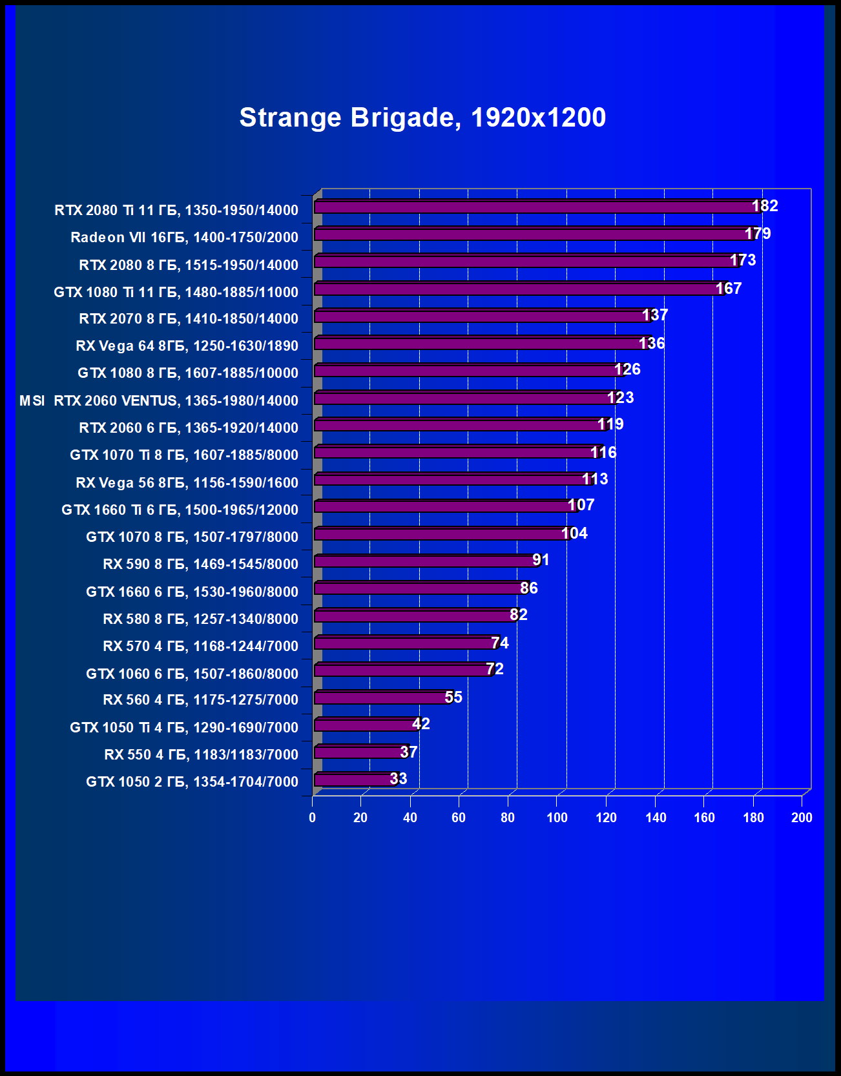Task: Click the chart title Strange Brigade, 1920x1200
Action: tap(422, 118)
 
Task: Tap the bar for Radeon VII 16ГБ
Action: tap(530, 234)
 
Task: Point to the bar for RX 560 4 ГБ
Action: tap(381, 698)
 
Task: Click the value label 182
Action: tap(765, 206)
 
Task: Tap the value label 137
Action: tap(655, 315)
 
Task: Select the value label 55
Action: tap(453, 698)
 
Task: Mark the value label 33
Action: tap(399, 779)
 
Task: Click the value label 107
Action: tap(581, 505)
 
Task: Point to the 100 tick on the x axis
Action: tap(557, 818)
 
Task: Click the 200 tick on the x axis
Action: tap(802, 818)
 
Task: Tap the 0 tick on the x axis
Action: tap(313, 818)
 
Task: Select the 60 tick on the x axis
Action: tap(459, 818)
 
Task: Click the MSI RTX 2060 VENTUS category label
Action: tap(159, 401)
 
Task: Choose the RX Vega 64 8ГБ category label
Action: tap(187, 346)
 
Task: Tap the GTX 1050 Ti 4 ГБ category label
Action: tap(184, 728)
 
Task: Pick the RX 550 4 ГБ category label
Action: tap(201, 755)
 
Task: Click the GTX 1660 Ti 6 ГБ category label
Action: tap(180, 510)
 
